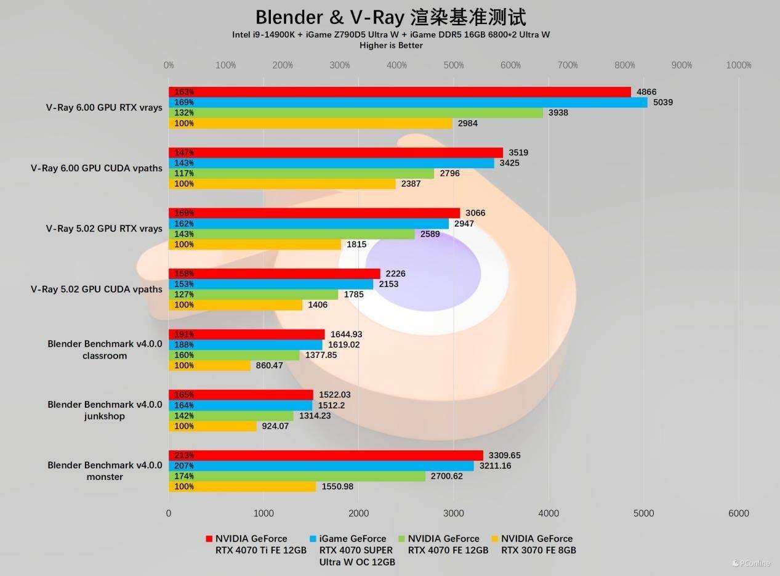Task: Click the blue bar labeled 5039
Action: (408, 102)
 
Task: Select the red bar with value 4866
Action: (400, 92)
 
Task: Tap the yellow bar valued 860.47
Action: (209, 365)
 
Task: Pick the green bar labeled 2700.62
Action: (297, 476)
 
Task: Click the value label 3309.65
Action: (504, 455)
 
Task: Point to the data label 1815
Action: (356, 245)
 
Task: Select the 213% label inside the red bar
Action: (184, 455)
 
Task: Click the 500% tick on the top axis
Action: (454, 65)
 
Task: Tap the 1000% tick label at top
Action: (738, 65)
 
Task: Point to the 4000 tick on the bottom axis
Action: (549, 513)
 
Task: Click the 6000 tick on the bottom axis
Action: (738, 513)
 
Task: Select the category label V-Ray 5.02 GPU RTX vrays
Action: (104, 229)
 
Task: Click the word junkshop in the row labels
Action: (105, 416)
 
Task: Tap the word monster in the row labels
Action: (105, 477)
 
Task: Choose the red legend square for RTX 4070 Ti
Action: (209, 539)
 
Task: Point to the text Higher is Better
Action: (391, 45)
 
